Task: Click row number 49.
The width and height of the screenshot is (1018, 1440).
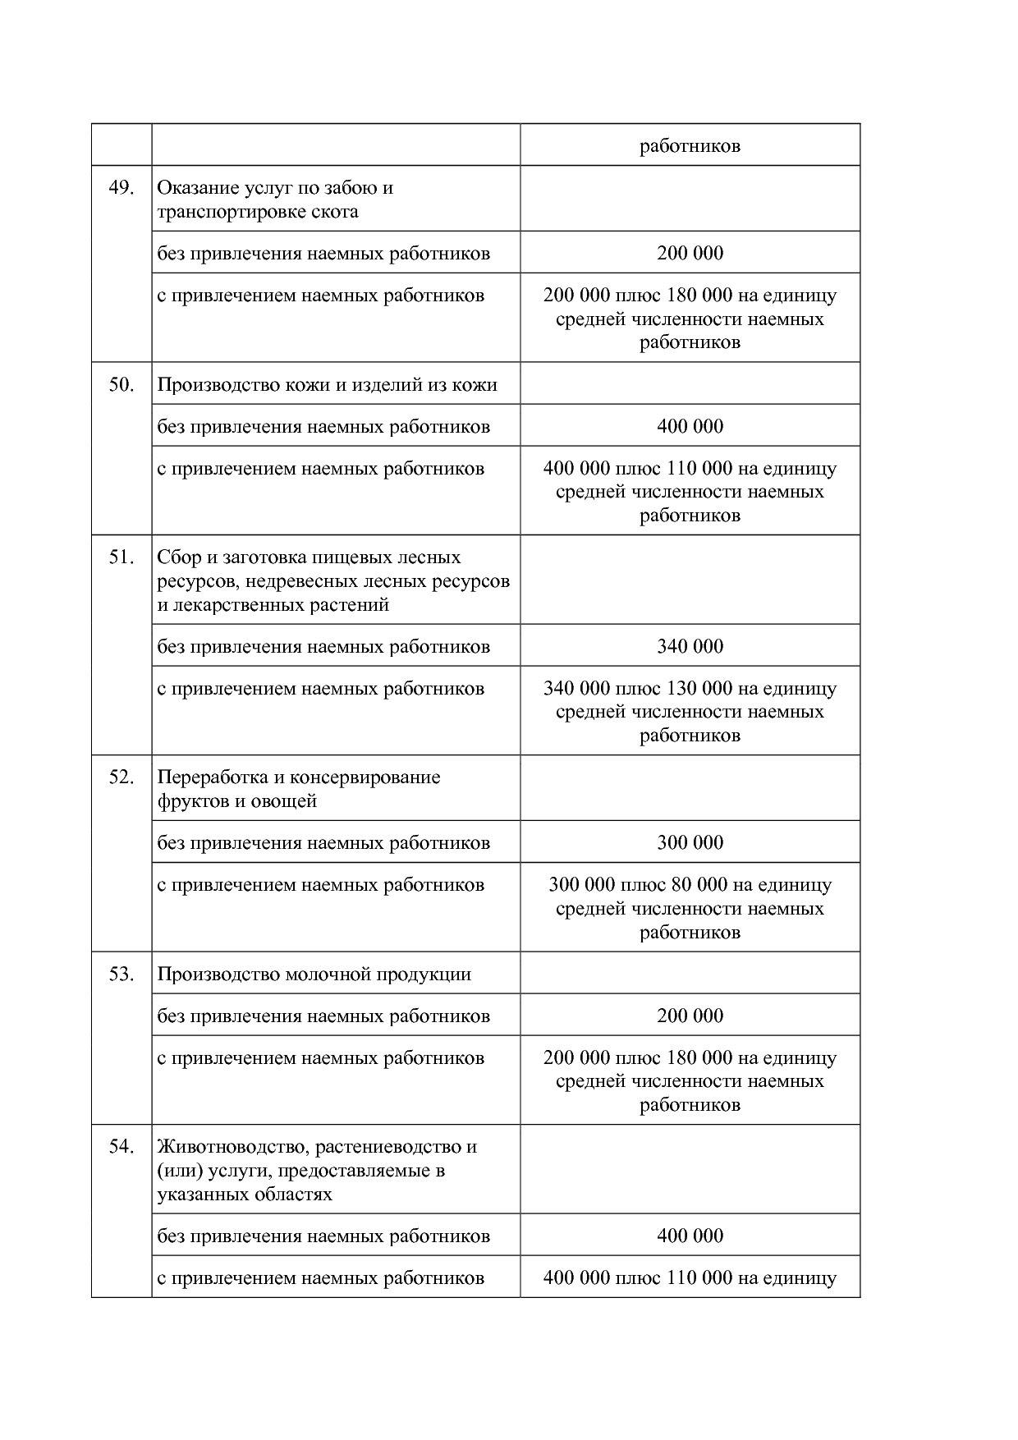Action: (x=121, y=188)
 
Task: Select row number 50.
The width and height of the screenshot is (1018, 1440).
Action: (x=121, y=385)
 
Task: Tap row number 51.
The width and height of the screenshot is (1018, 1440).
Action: (x=121, y=557)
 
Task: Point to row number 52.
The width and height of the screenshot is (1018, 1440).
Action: (x=121, y=777)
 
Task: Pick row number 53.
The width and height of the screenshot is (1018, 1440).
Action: (x=121, y=975)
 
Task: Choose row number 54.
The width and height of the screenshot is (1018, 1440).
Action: (x=121, y=1147)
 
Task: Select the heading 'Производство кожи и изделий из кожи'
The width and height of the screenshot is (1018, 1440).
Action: (x=327, y=385)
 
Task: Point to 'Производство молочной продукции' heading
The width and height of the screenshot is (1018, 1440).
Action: (x=314, y=975)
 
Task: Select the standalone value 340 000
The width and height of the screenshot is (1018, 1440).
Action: (x=690, y=647)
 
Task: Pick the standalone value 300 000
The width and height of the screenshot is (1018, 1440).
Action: (x=690, y=843)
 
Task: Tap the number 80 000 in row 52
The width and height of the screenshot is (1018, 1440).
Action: (x=699, y=885)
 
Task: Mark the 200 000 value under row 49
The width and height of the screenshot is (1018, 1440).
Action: (x=690, y=253)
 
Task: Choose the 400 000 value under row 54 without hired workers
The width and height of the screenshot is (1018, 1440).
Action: (x=690, y=1236)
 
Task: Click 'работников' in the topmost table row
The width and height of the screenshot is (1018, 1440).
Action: (x=690, y=146)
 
